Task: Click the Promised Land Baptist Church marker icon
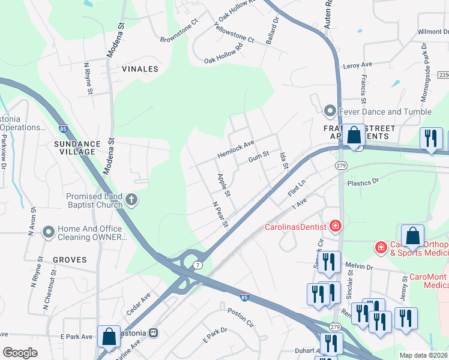[131, 199]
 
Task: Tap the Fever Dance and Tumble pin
[330, 111]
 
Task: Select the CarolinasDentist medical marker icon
[335, 226]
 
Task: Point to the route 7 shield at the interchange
[198, 265]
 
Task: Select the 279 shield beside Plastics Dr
[341, 165]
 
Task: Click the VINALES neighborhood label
[140, 69]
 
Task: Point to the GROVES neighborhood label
[70, 260]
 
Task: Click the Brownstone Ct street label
[179, 32]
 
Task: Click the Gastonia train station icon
[154, 332]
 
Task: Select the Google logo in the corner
[20, 352]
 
